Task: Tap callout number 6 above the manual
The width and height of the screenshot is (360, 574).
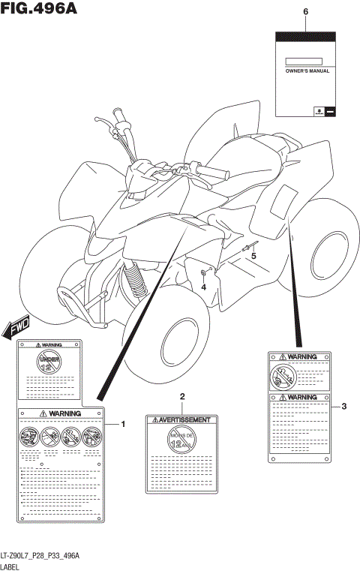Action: [305, 13]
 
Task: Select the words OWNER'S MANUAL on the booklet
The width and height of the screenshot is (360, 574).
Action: [305, 70]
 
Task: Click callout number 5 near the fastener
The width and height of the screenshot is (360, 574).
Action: [253, 256]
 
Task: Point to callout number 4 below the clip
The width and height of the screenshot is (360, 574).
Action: [203, 287]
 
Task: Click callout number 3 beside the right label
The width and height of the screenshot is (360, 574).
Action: [343, 407]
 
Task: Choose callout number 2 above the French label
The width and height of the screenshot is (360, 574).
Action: [181, 395]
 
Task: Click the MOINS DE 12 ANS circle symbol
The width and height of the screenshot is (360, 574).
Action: [181, 440]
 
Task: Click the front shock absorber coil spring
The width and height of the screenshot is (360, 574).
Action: [136, 281]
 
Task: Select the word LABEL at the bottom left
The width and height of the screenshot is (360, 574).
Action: [11, 567]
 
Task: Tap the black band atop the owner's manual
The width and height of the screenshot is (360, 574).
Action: [305, 36]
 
